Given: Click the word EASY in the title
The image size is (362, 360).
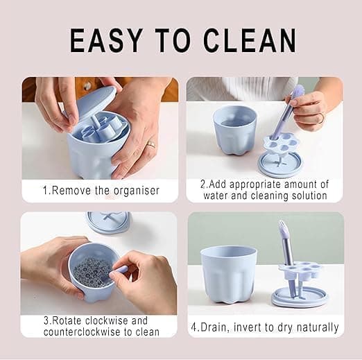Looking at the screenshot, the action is click(106, 41).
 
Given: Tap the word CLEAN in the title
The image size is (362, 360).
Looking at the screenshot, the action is click(250, 41).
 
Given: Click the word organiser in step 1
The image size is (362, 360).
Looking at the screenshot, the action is click(137, 191).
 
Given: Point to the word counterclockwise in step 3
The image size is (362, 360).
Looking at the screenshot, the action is click(83, 332).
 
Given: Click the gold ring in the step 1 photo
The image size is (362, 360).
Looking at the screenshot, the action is click(151, 144).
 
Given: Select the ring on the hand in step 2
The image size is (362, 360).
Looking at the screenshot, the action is click(320, 118).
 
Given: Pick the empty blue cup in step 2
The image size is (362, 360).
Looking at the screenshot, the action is click(235, 130).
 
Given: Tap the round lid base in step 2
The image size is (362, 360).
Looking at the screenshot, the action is click(279, 164).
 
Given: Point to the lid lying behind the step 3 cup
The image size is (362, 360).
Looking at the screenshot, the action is click(108, 222).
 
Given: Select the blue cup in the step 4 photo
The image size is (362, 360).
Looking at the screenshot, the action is click(229, 275).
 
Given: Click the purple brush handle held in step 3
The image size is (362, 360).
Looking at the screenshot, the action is click(119, 271).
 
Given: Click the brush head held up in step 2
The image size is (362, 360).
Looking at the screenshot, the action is click(298, 91).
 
